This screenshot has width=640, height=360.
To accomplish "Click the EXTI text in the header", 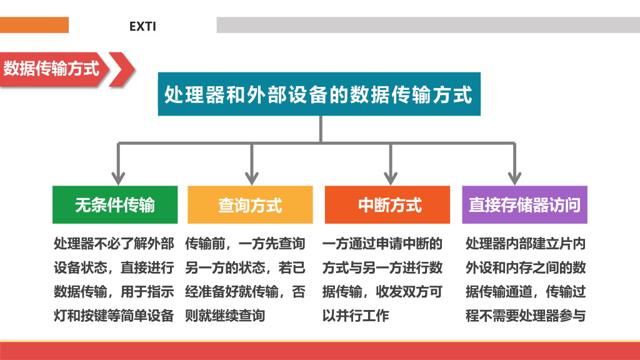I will point(142,26).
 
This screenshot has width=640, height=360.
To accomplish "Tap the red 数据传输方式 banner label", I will point(51,68).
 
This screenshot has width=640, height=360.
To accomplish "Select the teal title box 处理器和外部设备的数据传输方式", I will point(319,94).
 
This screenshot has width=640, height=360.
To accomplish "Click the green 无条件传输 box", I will point(115,204).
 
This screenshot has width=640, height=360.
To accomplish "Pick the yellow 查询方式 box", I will point(250,204).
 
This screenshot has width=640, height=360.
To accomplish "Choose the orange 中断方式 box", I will point(387,204).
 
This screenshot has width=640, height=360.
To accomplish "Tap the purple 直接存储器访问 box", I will point(524,204).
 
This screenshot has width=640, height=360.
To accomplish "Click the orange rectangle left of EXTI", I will point(34,25).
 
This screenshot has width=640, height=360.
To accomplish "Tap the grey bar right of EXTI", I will point(428,25).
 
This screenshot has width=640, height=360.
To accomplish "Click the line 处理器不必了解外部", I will point(114,244).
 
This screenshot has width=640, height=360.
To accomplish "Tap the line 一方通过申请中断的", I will point(382,244).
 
